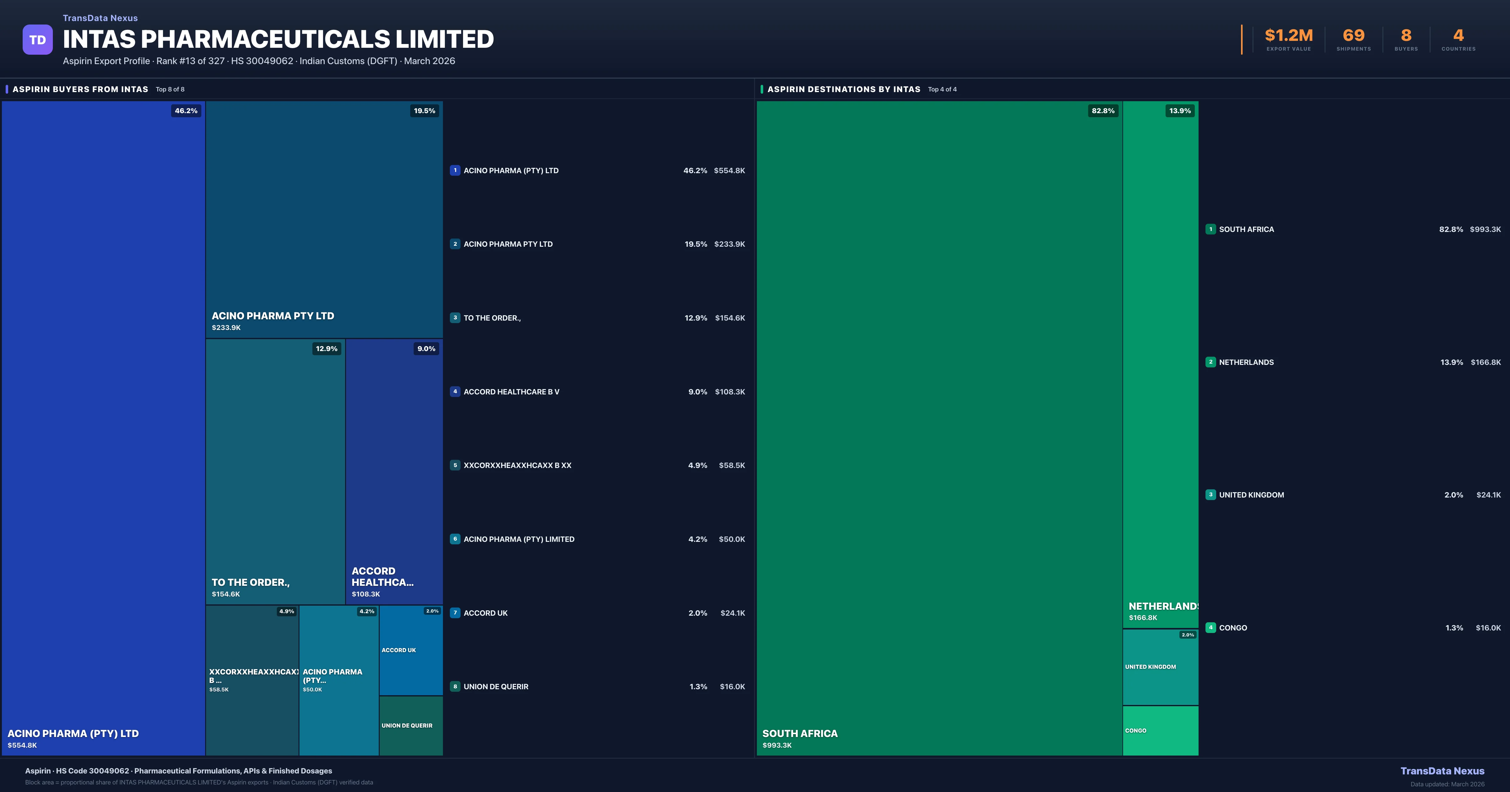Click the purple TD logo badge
point(37,40)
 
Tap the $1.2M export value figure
point(1289,36)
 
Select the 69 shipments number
point(1353,36)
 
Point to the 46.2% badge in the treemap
point(186,111)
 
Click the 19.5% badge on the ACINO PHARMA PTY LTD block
point(424,111)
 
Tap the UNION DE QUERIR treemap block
point(411,725)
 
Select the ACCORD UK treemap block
point(411,650)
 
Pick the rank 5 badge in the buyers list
point(455,465)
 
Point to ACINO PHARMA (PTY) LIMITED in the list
point(519,539)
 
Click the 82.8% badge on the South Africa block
point(1103,111)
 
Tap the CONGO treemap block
point(1160,730)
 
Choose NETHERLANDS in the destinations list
point(1246,362)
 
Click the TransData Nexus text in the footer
point(1442,771)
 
